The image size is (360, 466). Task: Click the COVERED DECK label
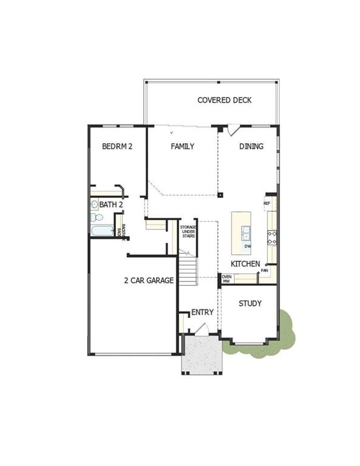(224, 100)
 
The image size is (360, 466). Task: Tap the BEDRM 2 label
(117, 146)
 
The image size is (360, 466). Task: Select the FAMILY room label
(182, 146)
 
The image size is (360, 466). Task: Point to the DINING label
(251, 146)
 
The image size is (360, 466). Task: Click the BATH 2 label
(111, 205)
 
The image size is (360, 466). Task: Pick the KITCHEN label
(245, 264)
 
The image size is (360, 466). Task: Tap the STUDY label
(250, 303)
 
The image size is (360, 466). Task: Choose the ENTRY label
(202, 312)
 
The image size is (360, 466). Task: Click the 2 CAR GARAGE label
(149, 280)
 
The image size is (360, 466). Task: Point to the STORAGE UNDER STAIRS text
(188, 231)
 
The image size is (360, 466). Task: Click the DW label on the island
(248, 246)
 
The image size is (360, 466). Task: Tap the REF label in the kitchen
(267, 203)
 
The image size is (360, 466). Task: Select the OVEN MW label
(226, 279)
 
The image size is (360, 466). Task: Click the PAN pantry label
(265, 271)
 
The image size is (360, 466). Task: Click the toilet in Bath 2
(95, 217)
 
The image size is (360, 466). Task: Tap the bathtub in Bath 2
(101, 231)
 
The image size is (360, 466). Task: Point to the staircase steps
(188, 269)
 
